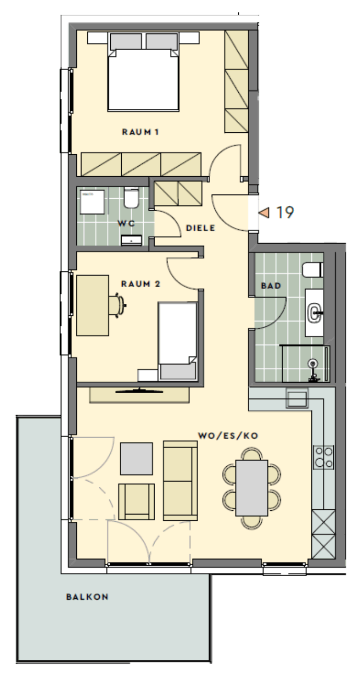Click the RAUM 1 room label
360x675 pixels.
pos(140,132)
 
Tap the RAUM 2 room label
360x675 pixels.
pos(141,283)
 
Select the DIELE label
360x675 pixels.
pos(201,228)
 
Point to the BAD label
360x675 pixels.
pos(271,285)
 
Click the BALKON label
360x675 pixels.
pos(87,597)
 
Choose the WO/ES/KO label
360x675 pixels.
pos(228,436)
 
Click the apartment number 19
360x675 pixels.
pos(285,212)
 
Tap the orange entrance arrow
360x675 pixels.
pos(264,213)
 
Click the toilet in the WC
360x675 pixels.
pos(131,198)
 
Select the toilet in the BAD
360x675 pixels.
pos(312,270)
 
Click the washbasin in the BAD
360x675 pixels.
pos(314,313)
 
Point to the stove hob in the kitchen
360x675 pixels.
pos(323,457)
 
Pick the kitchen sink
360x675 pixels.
pos(297,398)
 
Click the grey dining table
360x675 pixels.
pos(252,488)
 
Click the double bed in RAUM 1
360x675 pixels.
pos(143,72)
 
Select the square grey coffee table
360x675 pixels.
pos(136,459)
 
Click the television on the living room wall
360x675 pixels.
pos(139,391)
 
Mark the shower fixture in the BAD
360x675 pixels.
pos(313,370)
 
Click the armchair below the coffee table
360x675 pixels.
pos(136,502)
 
